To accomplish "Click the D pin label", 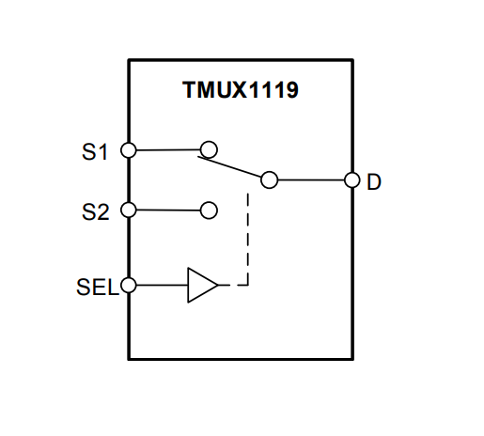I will coord(374,181).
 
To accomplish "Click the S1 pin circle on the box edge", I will coord(129,149).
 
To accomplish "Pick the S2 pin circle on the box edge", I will coord(129,210).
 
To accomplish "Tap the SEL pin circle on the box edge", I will coord(129,285).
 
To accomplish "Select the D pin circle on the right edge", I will coord(352,180).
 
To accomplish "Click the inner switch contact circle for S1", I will coord(210,148).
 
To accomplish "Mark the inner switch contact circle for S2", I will coord(210,210).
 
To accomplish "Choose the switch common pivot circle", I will coord(270,179).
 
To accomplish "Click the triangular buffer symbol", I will coord(201,285).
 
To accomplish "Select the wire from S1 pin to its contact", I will coord(169,149).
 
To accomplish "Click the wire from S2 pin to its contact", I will coord(169,210).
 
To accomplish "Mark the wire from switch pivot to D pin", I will coord(311,180).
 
